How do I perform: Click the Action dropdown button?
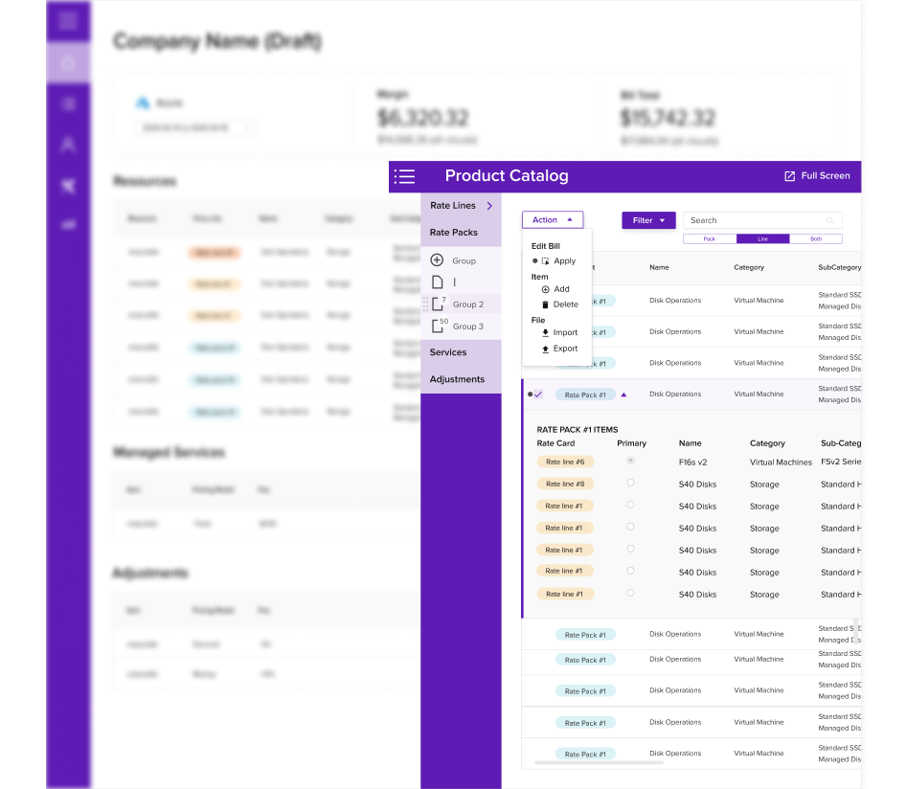(552, 220)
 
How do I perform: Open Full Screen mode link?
(817, 176)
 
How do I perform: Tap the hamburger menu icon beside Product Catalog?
(404, 176)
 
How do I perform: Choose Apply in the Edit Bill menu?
(564, 261)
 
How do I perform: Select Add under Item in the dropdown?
(561, 289)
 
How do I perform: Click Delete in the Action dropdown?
(565, 304)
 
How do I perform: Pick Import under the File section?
(565, 333)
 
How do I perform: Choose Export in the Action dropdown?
(565, 349)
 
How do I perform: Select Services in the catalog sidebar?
(448, 352)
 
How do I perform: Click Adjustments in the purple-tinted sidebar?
(457, 379)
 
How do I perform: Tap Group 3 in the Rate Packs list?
(467, 327)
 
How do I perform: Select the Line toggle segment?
(762, 238)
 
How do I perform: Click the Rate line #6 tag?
(565, 462)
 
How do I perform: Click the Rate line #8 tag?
(565, 485)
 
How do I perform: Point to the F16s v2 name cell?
(692, 462)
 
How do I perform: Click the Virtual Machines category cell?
(781, 462)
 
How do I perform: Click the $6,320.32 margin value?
(422, 118)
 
